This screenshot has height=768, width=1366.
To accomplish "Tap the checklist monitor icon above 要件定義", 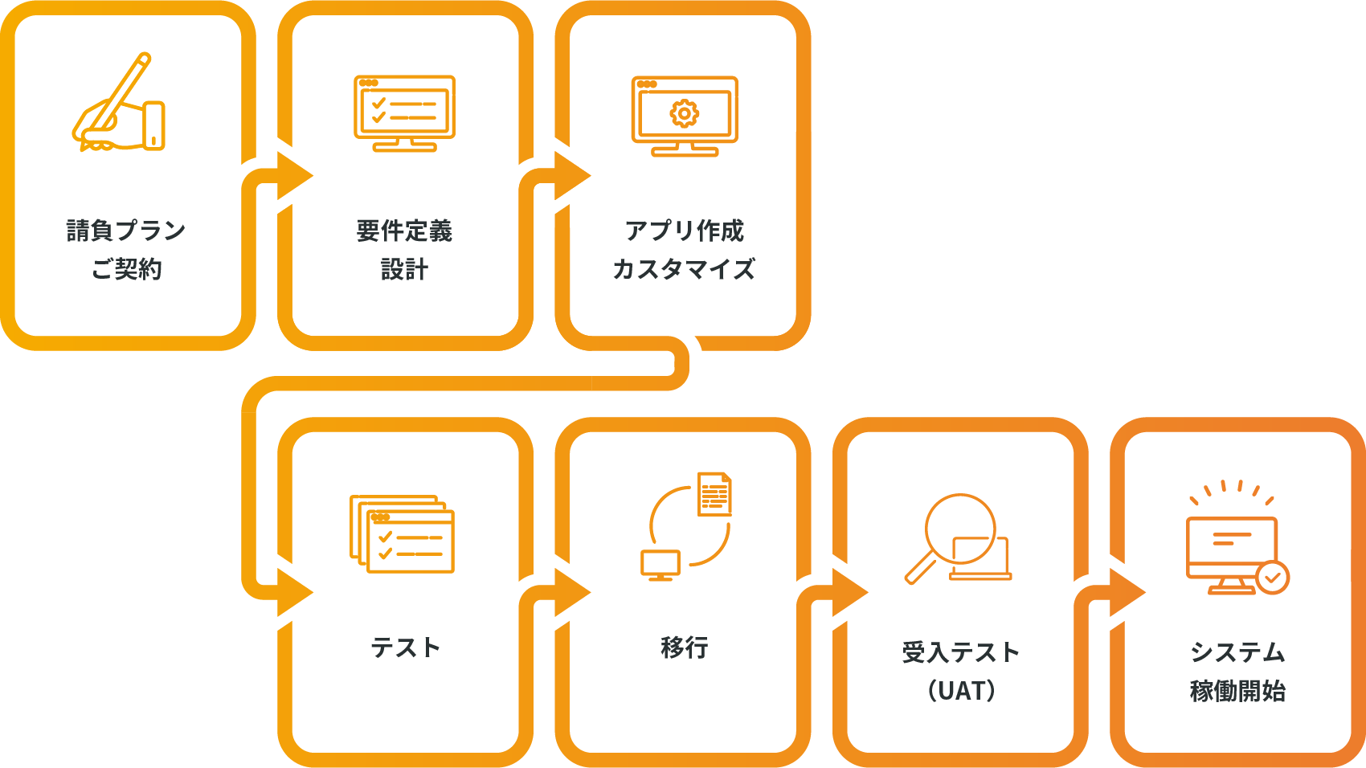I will pyautogui.click(x=404, y=112).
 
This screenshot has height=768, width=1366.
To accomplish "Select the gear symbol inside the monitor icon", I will pyautogui.click(x=684, y=113).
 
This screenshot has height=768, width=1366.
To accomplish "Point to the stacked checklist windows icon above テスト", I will pyautogui.click(x=402, y=533).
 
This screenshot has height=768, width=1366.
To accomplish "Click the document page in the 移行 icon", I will pyautogui.click(x=714, y=493).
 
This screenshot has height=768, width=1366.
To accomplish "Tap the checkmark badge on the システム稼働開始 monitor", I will pyautogui.click(x=1272, y=577).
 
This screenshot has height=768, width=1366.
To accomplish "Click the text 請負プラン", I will pyautogui.click(x=126, y=231).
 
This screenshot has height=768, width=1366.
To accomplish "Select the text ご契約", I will pyautogui.click(x=126, y=269).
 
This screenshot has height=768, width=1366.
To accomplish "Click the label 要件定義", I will pyautogui.click(x=404, y=231).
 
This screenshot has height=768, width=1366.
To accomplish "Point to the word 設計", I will pyautogui.click(x=404, y=269).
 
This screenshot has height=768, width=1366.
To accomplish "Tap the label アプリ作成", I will pyautogui.click(x=684, y=231).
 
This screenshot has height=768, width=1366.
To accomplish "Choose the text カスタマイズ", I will pyautogui.click(x=684, y=269).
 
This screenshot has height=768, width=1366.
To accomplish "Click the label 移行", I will pyautogui.click(x=684, y=647).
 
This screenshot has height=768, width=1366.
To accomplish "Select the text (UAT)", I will pyautogui.click(x=961, y=690).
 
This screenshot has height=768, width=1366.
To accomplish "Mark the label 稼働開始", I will pyautogui.click(x=1237, y=690).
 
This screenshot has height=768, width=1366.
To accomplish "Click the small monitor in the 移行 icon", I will pyautogui.click(x=660, y=565).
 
